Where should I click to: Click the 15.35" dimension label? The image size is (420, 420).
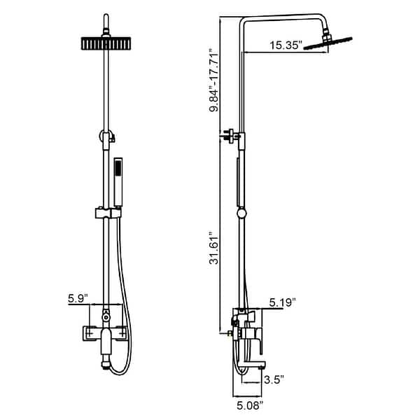[286, 46]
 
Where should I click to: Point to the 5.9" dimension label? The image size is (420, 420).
[77, 299]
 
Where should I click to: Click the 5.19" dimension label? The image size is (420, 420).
[283, 302]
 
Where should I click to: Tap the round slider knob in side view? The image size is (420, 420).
[242, 213]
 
